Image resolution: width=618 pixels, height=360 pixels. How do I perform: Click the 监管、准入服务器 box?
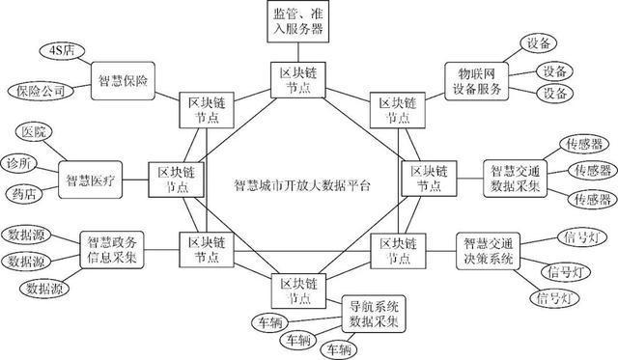300,20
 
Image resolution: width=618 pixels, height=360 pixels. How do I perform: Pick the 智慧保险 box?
124,76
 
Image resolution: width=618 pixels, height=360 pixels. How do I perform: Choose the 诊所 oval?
20,160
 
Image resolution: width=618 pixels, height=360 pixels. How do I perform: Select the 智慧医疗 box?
92,179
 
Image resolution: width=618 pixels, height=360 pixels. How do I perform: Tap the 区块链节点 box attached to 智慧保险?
204,110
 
